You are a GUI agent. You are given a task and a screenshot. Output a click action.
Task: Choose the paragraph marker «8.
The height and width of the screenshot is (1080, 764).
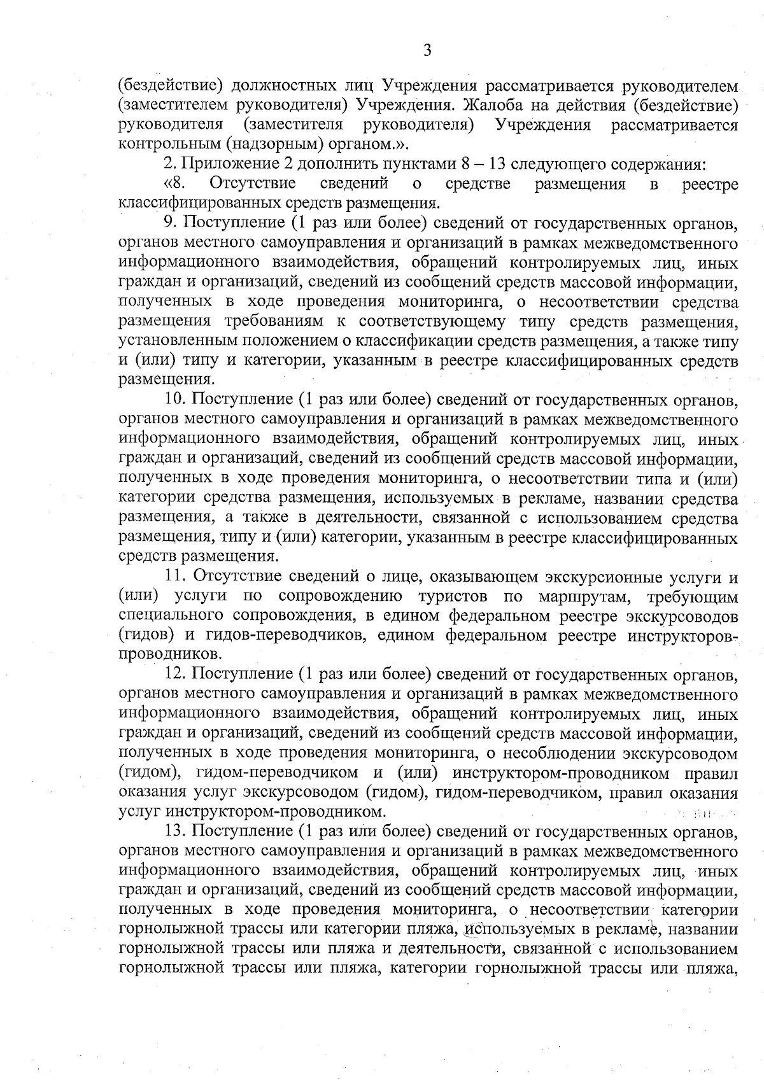pos(174,185)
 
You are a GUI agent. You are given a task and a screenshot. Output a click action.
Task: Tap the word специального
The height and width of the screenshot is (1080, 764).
pos(169,616)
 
